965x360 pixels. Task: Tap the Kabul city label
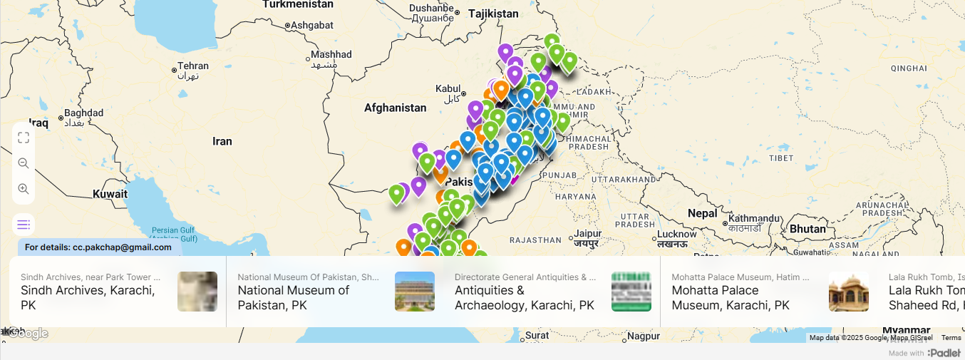(x=448, y=88)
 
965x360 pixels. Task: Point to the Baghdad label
(x=83, y=113)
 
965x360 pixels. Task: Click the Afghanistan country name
(x=395, y=108)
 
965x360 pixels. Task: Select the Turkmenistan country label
(x=298, y=4)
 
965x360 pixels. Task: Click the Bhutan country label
(x=807, y=229)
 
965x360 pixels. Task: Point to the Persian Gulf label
(x=173, y=230)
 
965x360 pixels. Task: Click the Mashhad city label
(x=331, y=54)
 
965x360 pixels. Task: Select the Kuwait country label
(x=110, y=194)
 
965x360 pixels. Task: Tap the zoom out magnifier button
(x=24, y=163)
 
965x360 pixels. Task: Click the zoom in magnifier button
(x=24, y=189)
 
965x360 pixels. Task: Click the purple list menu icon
(x=24, y=225)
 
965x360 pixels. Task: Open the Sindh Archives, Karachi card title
(x=87, y=297)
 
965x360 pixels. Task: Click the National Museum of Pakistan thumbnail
(x=415, y=292)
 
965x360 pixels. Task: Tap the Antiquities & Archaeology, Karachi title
(x=524, y=297)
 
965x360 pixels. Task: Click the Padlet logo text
(x=945, y=353)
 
